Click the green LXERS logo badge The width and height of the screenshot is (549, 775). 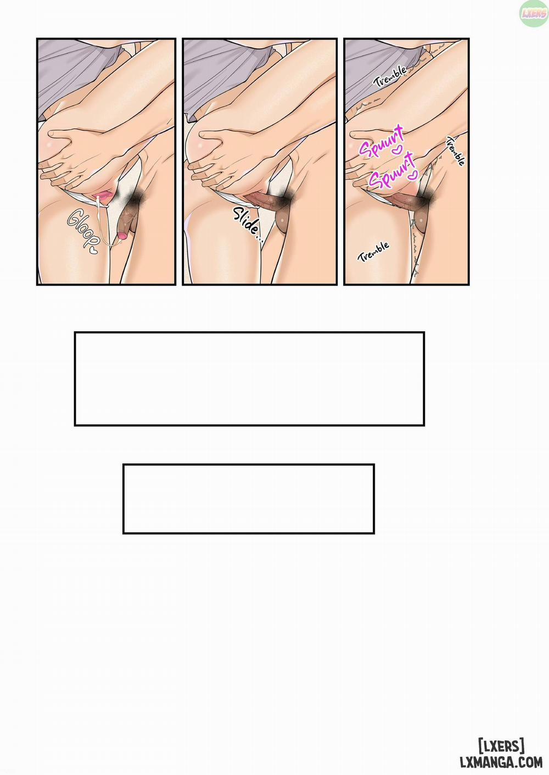(534, 14)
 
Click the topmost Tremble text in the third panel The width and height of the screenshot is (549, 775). (390, 76)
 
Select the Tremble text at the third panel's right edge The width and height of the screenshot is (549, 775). (456, 151)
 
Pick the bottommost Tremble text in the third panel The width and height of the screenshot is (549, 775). (373, 252)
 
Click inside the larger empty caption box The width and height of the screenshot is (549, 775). (249, 378)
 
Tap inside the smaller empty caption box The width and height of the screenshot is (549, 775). (249, 499)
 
